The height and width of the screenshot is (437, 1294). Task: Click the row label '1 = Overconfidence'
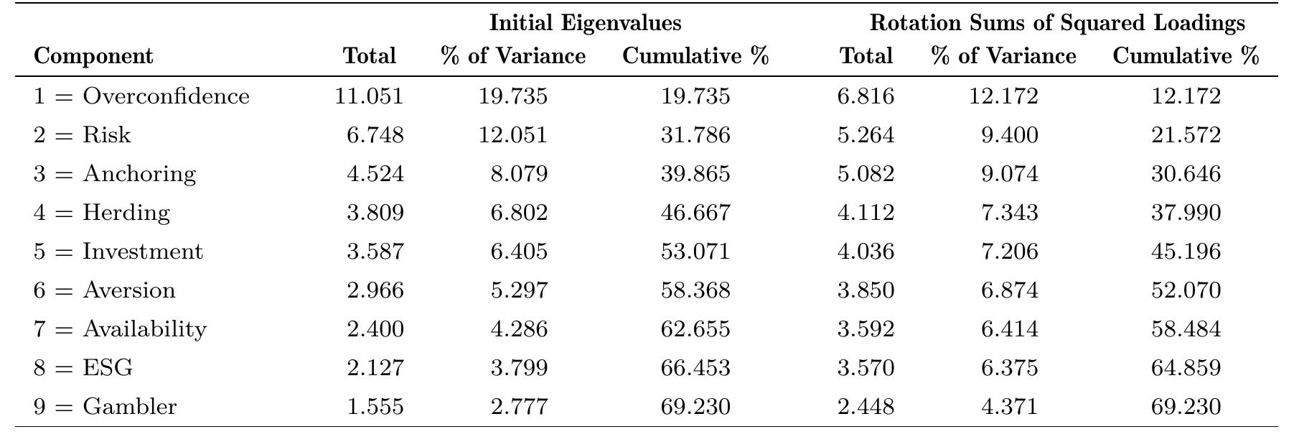pyautogui.click(x=141, y=96)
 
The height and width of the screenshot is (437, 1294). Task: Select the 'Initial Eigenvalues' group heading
pyautogui.click(x=585, y=23)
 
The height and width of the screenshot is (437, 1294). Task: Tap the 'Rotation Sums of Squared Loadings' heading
pyautogui.click(x=1057, y=23)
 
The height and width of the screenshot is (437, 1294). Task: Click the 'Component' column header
pyautogui.click(x=93, y=56)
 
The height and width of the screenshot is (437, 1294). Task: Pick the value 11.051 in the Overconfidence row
pyautogui.click(x=369, y=96)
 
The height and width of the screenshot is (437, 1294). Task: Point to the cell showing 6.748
pyautogui.click(x=375, y=135)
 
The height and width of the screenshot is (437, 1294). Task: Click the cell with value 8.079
pyautogui.click(x=519, y=174)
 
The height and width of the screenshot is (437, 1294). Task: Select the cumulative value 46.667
pyautogui.click(x=695, y=213)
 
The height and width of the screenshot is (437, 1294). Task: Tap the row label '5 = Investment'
pyautogui.click(x=118, y=252)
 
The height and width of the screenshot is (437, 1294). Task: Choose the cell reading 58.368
pyautogui.click(x=695, y=290)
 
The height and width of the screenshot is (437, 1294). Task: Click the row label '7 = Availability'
pyautogui.click(x=120, y=329)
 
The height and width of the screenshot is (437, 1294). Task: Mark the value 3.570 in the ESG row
pyautogui.click(x=866, y=368)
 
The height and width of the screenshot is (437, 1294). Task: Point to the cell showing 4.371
pyautogui.click(x=1009, y=407)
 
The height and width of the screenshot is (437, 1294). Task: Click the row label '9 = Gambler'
pyautogui.click(x=105, y=407)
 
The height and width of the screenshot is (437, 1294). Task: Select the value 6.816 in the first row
pyautogui.click(x=866, y=96)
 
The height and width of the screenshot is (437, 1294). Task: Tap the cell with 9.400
pyautogui.click(x=1009, y=135)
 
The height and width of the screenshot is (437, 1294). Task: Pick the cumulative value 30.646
pyautogui.click(x=1186, y=174)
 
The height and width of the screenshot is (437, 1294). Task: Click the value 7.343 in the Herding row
pyautogui.click(x=1009, y=213)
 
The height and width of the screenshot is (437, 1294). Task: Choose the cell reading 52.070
pyautogui.click(x=1186, y=290)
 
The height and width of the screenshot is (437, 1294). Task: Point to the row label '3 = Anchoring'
pyautogui.click(x=114, y=174)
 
